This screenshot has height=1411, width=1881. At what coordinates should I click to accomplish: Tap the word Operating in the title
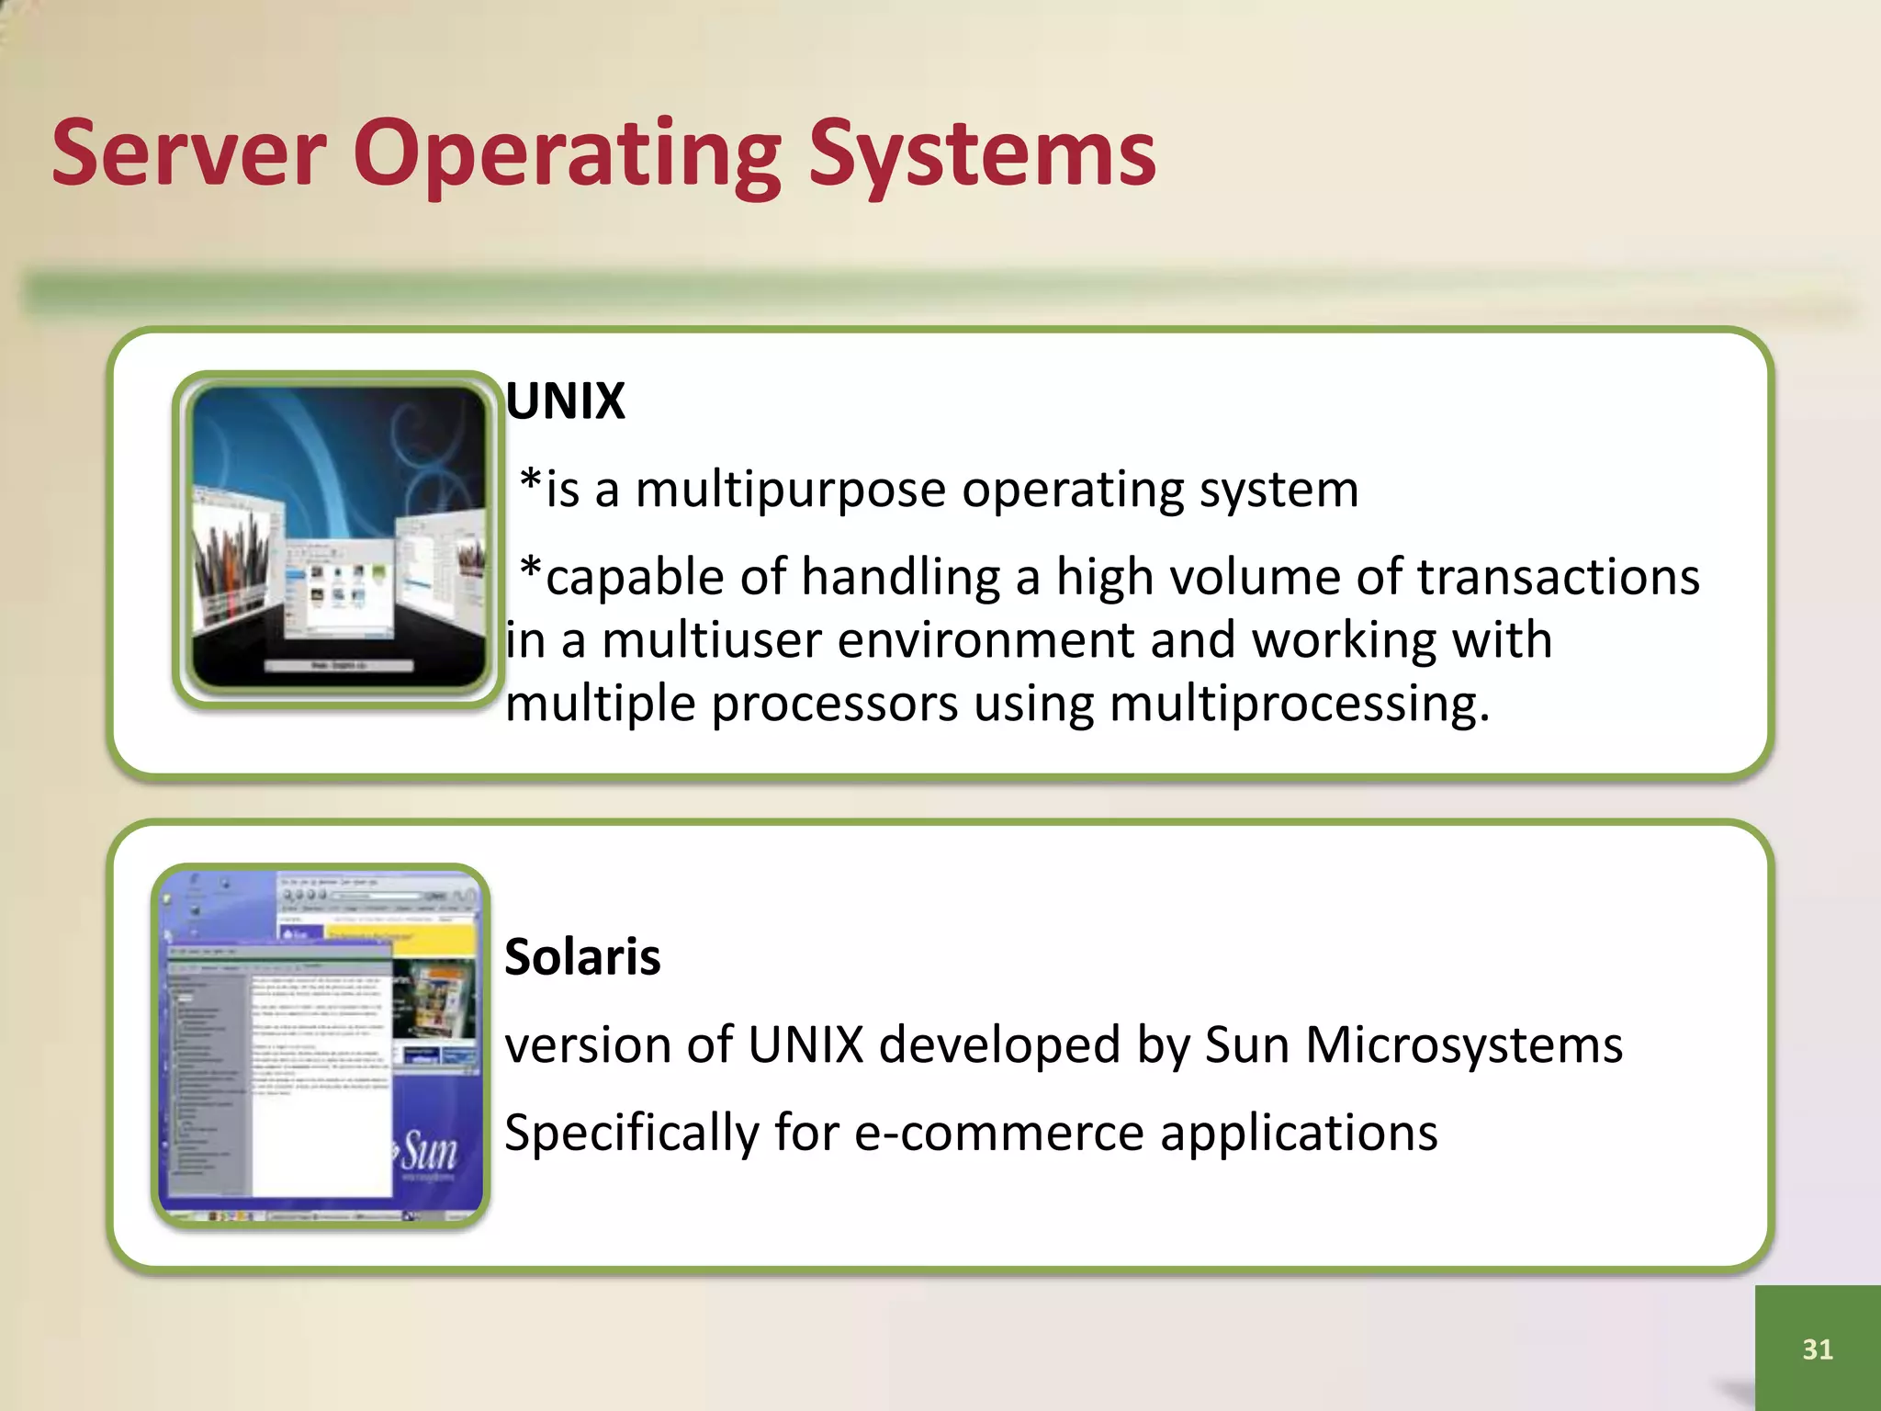[567, 154]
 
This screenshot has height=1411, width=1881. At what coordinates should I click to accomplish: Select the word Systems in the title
[982, 154]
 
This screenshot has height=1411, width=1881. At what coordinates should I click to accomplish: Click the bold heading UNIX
[565, 401]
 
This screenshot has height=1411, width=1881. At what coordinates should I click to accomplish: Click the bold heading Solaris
[582, 957]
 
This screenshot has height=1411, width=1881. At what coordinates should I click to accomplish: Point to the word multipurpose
[790, 490]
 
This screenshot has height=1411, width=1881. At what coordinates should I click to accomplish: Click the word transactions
[1558, 578]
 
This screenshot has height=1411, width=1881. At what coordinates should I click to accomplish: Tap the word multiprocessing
[1299, 705]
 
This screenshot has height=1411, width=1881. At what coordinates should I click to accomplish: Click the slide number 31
[1817, 1349]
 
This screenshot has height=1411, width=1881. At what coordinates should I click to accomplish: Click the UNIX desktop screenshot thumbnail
[338, 537]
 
